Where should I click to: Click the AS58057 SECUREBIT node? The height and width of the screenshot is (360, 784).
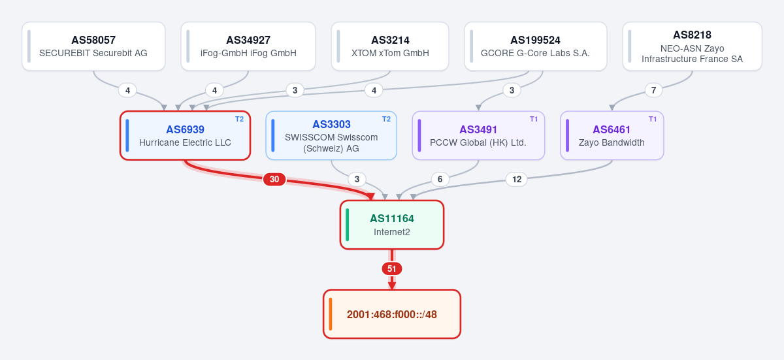[x=93, y=46]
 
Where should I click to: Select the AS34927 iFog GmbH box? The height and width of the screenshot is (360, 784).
[x=248, y=46]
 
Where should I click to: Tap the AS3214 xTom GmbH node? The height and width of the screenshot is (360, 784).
[x=390, y=46]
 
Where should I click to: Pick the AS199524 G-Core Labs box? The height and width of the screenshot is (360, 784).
[x=536, y=46]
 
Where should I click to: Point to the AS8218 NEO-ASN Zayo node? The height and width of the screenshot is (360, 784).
[x=693, y=46]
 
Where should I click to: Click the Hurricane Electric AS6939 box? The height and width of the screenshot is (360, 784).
[x=185, y=135]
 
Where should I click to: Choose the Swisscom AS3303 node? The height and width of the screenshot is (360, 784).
[x=331, y=135]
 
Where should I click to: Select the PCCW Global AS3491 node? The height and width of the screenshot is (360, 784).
[x=478, y=135]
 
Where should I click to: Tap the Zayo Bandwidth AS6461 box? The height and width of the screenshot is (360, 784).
[x=612, y=135]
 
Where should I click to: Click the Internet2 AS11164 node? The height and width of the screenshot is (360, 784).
[x=392, y=225]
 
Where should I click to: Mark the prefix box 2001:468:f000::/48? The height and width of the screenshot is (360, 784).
[x=392, y=314]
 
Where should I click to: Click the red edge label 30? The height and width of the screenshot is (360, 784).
[x=274, y=180]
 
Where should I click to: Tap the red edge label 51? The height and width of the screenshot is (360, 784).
[x=392, y=269]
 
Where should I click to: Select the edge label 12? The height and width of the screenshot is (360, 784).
[x=517, y=180]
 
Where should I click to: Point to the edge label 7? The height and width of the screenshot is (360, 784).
[x=653, y=90]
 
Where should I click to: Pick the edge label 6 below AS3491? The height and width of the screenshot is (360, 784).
[x=440, y=180]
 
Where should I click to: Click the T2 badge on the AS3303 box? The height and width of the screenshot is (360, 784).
[x=386, y=120]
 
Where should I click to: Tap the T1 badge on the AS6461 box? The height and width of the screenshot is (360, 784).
[x=653, y=120]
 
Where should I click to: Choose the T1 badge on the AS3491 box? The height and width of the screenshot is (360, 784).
[x=534, y=120]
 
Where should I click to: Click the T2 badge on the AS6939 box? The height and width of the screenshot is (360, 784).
[x=239, y=120]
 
